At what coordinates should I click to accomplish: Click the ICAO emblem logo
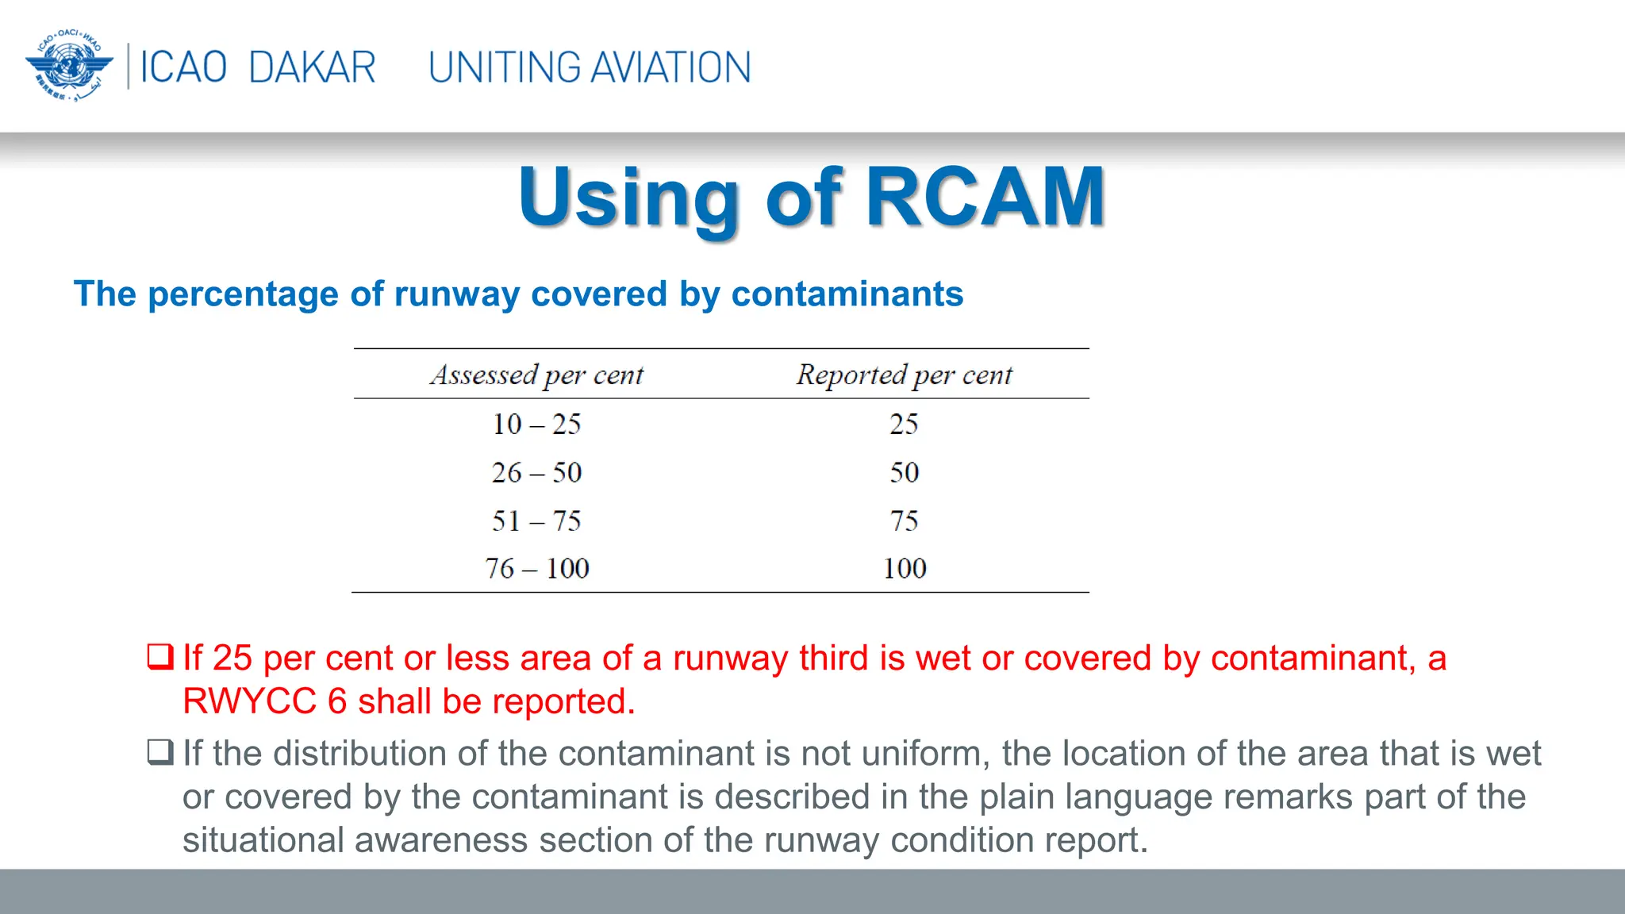[69, 66]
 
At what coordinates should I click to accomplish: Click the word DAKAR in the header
[312, 67]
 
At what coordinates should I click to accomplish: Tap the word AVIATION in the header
[671, 67]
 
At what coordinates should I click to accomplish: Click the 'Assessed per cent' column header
[537, 374]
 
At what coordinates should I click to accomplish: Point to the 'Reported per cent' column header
[905, 374]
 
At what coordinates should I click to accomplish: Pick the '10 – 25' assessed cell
[537, 424]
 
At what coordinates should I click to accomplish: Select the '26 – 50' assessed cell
[537, 473]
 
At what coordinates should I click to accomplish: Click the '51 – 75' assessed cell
[537, 521]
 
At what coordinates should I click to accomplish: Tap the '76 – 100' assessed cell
[537, 569]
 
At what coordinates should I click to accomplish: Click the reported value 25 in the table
[904, 424]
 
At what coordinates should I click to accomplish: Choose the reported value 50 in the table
[904, 473]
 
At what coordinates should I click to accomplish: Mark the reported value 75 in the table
[904, 521]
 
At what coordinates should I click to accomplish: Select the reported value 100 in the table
[905, 569]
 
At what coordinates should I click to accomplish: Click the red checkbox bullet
[160, 657]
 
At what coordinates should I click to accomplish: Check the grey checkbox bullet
[160, 751]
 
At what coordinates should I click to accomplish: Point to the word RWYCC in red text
[249, 701]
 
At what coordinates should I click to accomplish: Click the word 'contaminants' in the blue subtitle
[847, 294]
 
